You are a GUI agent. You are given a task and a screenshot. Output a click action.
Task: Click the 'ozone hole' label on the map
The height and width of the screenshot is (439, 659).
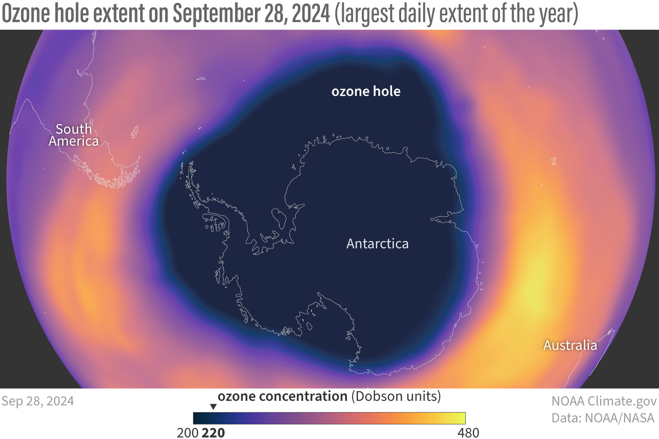(x=366, y=91)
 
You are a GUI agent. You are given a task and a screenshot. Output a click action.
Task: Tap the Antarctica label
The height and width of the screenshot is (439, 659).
(x=377, y=244)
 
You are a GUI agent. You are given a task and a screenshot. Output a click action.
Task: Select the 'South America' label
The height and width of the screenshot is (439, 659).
(x=74, y=135)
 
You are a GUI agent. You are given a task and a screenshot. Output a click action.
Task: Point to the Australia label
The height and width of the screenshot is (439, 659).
(x=570, y=345)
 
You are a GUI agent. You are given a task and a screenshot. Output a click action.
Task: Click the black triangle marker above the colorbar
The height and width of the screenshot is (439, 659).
(x=213, y=406)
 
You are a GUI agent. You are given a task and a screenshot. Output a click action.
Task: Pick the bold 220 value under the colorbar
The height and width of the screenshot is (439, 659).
(x=213, y=433)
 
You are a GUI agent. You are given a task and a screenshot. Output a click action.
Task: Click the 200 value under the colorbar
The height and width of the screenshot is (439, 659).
(x=187, y=433)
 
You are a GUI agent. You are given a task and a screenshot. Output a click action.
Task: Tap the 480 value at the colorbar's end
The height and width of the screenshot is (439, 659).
(x=468, y=433)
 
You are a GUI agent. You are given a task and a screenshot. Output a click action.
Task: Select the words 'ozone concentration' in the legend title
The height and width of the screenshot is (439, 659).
(x=283, y=396)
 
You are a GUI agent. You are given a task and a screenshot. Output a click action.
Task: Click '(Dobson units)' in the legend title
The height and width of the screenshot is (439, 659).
(x=396, y=396)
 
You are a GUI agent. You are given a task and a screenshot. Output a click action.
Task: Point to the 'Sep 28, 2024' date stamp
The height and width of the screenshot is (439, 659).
(x=37, y=401)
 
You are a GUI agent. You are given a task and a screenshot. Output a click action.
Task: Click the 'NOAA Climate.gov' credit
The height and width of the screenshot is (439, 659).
(x=604, y=401)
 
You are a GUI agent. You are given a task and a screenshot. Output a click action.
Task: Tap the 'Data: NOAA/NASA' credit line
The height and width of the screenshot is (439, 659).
(x=603, y=418)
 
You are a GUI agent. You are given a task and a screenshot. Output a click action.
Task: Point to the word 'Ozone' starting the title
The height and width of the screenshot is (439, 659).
(x=26, y=14)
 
